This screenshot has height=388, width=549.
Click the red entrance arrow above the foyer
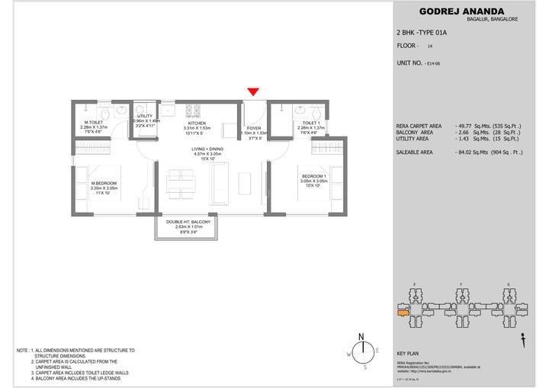pyautogui.click(x=252, y=92)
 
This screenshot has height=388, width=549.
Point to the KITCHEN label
pyautogui.click(x=197, y=122)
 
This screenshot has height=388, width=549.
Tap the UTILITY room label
pyautogui.click(x=145, y=116)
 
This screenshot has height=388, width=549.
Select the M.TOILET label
pyautogui.click(x=95, y=122)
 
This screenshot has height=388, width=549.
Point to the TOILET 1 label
pyautogui.click(x=310, y=122)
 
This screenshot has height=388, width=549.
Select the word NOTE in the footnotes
pyautogui.click(x=23, y=350)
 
